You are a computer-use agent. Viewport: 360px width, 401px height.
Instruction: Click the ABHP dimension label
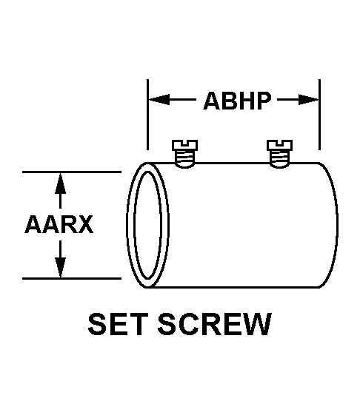237,101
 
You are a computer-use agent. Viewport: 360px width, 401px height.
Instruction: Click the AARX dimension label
59,224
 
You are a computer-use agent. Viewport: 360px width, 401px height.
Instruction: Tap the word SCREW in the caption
215,324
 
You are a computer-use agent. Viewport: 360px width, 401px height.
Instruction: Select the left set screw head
184,145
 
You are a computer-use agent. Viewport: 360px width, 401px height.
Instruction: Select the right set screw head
279,145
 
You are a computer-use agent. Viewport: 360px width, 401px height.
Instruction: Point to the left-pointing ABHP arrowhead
159,99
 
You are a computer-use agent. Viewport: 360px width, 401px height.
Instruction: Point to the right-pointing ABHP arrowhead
309,99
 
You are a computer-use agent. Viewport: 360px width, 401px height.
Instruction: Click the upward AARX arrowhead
60,183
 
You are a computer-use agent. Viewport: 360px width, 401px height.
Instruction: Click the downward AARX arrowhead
60,267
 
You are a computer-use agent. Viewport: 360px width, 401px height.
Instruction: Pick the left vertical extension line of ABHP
147,115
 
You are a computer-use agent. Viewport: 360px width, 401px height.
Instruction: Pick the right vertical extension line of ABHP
319,115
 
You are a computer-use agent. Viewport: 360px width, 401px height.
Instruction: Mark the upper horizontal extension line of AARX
72,172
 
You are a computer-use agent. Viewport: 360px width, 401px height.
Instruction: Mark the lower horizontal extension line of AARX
72,278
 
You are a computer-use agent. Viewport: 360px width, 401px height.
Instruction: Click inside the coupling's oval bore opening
147,225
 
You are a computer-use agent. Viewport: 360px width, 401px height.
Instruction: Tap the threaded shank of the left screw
184,158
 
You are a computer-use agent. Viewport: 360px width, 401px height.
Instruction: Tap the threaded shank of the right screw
279,158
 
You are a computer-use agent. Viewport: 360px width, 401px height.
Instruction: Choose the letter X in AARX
85,224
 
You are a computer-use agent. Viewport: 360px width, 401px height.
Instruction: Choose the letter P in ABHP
264,101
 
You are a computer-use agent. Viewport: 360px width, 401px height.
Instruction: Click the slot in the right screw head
279,142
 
